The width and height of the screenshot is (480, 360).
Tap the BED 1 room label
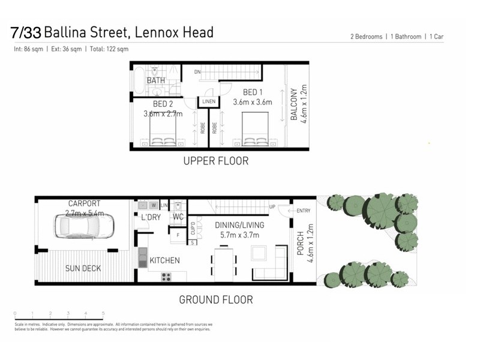(x=253, y=92)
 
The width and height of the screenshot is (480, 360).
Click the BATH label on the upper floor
(x=156, y=80)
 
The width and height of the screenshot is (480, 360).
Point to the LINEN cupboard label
(x=208, y=101)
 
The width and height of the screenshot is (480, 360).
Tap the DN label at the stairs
(x=197, y=73)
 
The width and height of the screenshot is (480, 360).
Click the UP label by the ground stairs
(x=272, y=207)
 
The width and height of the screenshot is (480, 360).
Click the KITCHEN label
(x=164, y=260)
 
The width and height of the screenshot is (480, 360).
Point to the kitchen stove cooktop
(x=166, y=277)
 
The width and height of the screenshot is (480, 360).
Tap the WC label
(x=178, y=216)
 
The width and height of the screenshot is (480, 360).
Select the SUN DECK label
(x=83, y=268)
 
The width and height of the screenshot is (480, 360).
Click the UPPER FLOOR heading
(x=216, y=161)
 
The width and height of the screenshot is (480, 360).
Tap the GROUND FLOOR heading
(x=216, y=299)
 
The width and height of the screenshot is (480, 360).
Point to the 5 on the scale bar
(x=104, y=313)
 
